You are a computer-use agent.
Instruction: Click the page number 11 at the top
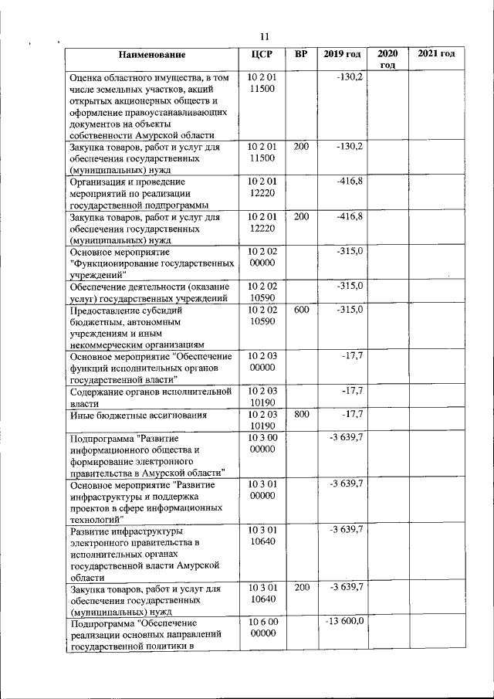(264, 37)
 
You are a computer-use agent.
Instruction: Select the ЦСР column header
(262, 54)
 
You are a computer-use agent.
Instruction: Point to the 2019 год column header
(343, 54)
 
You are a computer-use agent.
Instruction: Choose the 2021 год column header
(435, 54)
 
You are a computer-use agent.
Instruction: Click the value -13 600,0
(345, 621)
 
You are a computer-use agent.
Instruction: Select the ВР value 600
(302, 309)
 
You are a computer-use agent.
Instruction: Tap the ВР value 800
(302, 415)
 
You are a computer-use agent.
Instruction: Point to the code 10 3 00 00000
(262, 443)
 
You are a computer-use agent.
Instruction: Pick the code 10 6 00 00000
(262, 627)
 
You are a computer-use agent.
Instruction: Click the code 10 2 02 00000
(262, 258)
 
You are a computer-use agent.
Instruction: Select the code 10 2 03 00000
(262, 362)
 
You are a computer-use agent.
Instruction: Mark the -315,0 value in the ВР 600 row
(349, 309)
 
